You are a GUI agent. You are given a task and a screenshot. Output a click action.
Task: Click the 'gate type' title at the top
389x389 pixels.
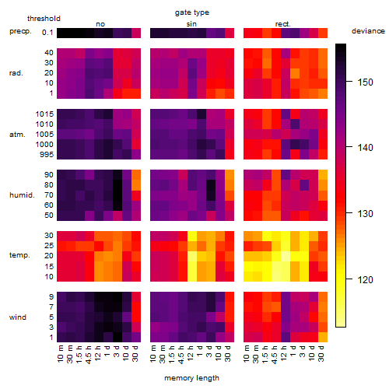192,12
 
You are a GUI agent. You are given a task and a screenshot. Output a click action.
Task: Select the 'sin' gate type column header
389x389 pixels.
191,24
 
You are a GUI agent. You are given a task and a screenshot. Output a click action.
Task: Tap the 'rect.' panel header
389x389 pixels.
283,24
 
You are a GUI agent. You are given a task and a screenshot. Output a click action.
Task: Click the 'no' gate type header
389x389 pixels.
100,24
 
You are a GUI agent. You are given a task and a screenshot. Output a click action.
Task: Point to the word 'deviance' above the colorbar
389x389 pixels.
368,31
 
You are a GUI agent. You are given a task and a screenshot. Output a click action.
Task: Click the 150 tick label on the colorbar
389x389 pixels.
365,82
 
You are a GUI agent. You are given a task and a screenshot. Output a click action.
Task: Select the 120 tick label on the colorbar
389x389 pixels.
365,280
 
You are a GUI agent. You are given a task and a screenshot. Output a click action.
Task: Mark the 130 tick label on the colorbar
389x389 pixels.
365,214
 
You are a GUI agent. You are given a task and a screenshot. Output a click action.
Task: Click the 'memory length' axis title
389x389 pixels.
191,378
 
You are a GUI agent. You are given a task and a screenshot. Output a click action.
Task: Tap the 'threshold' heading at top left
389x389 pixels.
44,19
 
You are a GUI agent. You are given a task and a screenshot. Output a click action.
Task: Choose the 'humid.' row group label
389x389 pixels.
22,195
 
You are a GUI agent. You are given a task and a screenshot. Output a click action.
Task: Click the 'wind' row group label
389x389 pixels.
18,317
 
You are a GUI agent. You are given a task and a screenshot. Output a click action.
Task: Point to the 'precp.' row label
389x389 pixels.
20,31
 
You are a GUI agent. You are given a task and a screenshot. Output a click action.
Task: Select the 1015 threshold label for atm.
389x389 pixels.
44,114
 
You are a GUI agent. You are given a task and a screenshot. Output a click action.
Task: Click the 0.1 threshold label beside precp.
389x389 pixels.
47,33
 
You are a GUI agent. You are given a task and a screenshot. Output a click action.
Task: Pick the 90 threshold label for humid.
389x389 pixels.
49,175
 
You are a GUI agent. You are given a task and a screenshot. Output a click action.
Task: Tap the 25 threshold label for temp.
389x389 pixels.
49,246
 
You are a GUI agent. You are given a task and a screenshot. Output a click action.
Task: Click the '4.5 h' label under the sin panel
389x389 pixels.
181,355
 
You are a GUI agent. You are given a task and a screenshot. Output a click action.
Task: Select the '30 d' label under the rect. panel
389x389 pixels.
321,353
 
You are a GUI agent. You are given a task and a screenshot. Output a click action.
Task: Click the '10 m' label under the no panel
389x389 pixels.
60,354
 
